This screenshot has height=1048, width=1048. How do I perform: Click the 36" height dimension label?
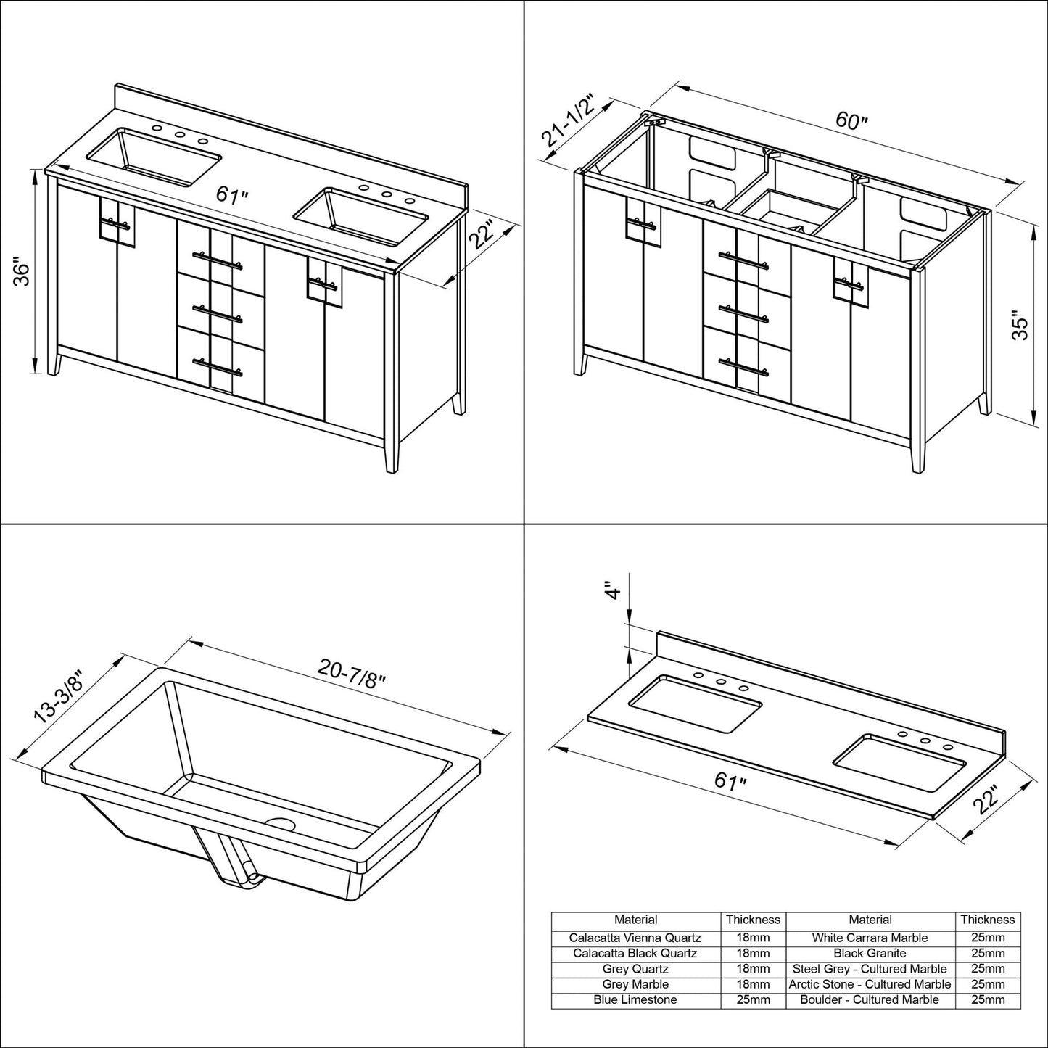coord(24,273)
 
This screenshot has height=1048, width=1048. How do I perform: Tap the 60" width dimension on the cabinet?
coord(851,120)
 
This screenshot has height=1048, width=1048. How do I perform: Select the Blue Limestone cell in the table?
coord(635,999)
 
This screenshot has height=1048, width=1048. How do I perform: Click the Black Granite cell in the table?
coord(870,953)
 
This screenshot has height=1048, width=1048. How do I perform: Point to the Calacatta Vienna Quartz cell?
coord(635,938)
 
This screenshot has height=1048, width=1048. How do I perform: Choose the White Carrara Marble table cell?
coord(870,938)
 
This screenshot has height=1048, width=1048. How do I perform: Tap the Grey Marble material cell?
coord(635,984)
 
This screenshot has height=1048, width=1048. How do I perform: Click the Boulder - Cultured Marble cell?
coord(870,999)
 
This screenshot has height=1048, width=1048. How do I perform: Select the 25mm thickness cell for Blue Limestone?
coord(753,999)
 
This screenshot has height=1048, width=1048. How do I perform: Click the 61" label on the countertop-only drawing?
coord(730,783)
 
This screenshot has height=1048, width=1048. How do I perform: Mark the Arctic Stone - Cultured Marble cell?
coord(870,984)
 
